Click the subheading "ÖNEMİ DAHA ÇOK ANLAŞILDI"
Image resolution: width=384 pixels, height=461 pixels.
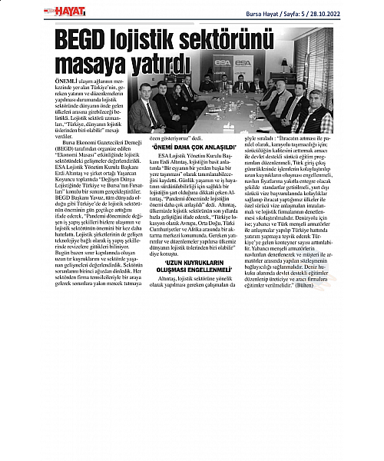point(177,146)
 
